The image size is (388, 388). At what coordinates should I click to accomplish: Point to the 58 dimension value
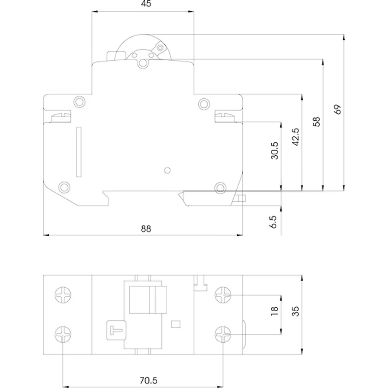317,122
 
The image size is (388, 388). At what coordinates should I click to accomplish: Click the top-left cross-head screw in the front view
63,295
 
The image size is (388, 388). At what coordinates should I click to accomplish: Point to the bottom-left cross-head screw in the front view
63,333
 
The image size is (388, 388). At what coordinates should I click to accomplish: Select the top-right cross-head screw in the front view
223,295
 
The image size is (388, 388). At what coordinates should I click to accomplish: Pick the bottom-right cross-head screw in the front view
223,333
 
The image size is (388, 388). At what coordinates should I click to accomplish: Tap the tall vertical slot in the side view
78,152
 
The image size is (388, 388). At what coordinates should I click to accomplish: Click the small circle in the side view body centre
168,170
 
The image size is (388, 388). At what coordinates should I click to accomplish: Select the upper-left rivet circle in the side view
79,102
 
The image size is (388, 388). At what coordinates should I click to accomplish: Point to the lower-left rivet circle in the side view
64,187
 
